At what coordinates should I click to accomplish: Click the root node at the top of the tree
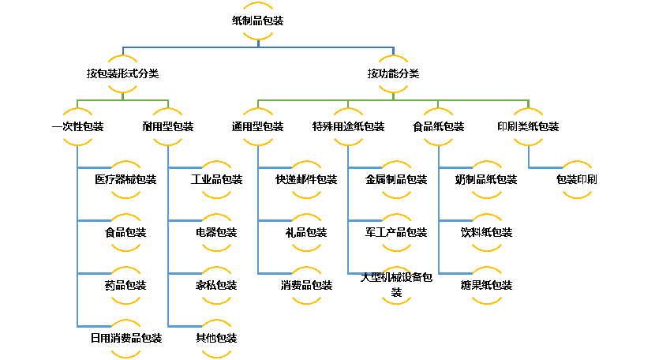(x=258, y=21)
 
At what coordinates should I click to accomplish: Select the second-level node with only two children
(x=123, y=74)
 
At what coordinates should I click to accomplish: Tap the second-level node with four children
(x=393, y=74)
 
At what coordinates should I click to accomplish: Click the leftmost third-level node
(x=77, y=127)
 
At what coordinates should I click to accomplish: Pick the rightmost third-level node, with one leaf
(x=528, y=127)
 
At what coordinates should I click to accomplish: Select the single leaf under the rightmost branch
(x=577, y=180)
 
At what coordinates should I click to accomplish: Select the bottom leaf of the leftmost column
(x=126, y=339)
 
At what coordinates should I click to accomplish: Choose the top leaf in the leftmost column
(x=126, y=180)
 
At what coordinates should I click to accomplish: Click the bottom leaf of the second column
(x=217, y=339)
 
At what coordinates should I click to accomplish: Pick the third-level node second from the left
(x=167, y=127)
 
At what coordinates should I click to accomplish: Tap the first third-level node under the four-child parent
(x=258, y=127)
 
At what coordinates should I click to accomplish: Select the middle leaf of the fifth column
(x=487, y=233)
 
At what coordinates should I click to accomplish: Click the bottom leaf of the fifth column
(x=487, y=286)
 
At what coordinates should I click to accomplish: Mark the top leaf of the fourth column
(x=396, y=180)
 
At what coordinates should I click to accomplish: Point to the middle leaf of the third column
(x=306, y=233)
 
